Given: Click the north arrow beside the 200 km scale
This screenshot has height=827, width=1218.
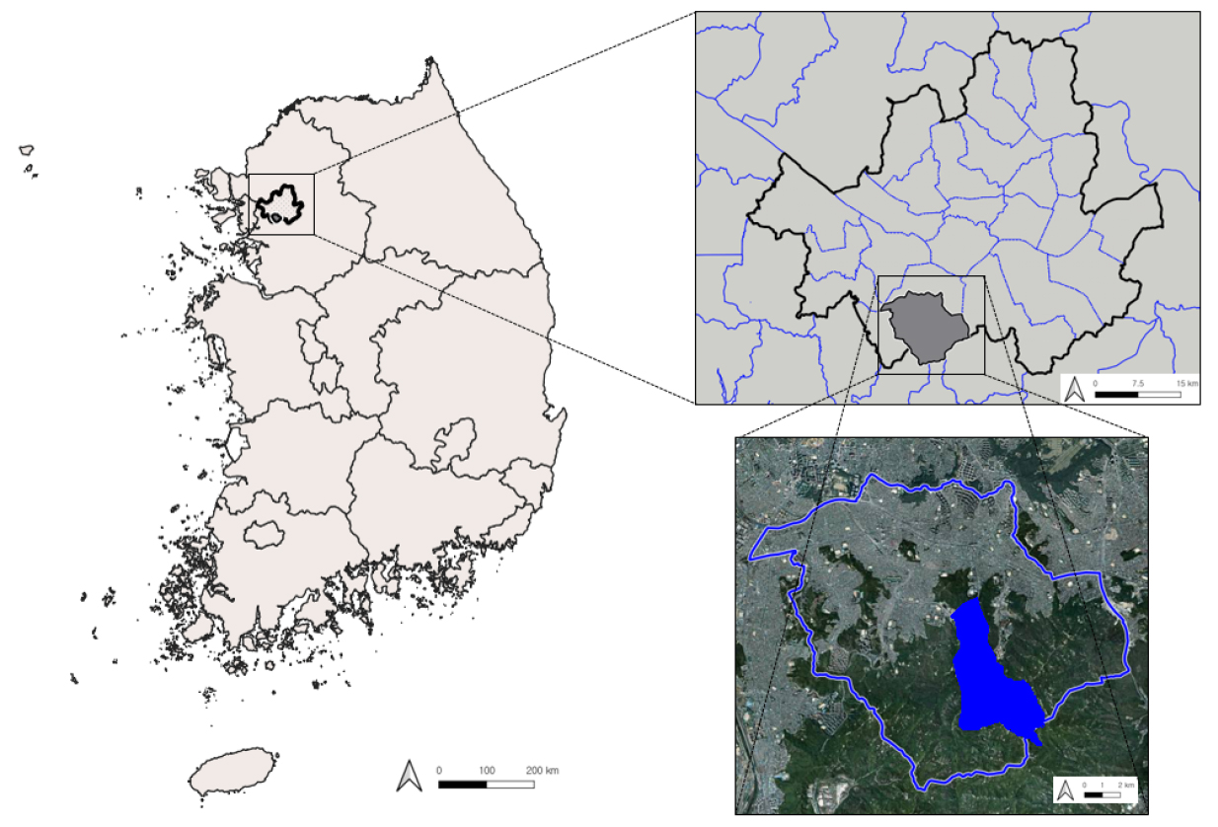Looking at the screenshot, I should pyautogui.click(x=408, y=776).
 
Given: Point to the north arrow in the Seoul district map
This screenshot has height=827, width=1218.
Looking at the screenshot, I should pyautogui.click(x=1076, y=389).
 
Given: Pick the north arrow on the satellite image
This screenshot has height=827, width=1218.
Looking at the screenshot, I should pyautogui.click(x=1066, y=790).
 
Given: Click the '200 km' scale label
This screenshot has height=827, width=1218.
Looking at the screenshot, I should pyautogui.click(x=542, y=770).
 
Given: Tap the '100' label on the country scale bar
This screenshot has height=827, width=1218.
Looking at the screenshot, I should pyautogui.click(x=487, y=770).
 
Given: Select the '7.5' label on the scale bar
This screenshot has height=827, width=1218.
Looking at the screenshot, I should pyautogui.click(x=1138, y=382).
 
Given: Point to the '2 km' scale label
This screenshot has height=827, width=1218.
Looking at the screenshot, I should pyautogui.click(x=1125, y=785).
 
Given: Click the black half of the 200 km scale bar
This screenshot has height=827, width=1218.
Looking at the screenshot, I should pyautogui.click(x=463, y=785).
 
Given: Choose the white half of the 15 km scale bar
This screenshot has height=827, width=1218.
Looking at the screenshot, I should pyautogui.click(x=1160, y=394).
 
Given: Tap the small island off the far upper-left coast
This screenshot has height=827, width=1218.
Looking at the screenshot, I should pyautogui.click(x=27, y=151).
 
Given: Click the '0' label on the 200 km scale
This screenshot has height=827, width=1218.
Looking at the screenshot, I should pyautogui.click(x=439, y=770).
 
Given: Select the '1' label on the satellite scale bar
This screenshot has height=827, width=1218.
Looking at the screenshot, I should pyautogui.click(x=1103, y=785).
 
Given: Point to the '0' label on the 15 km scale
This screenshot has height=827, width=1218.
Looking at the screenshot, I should pyautogui.click(x=1095, y=382).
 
